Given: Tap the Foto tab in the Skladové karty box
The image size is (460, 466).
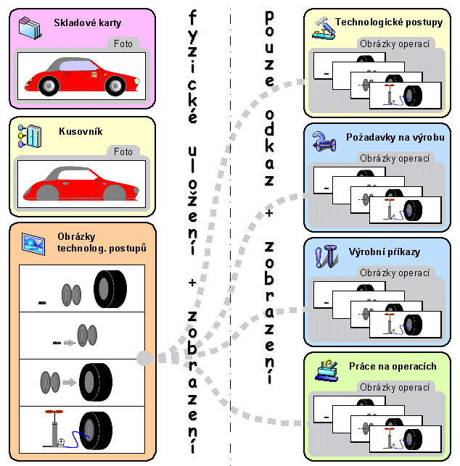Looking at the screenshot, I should [x=123, y=44].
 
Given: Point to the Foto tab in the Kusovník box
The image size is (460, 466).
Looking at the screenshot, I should [x=123, y=152].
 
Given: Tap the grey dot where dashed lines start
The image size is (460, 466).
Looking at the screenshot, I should [x=144, y=357].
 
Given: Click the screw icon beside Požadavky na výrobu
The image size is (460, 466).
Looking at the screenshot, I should [x=321, y=140].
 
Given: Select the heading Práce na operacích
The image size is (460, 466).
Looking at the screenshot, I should [x=393, y=366].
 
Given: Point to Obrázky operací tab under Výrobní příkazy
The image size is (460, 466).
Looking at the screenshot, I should [x=395, y=273].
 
